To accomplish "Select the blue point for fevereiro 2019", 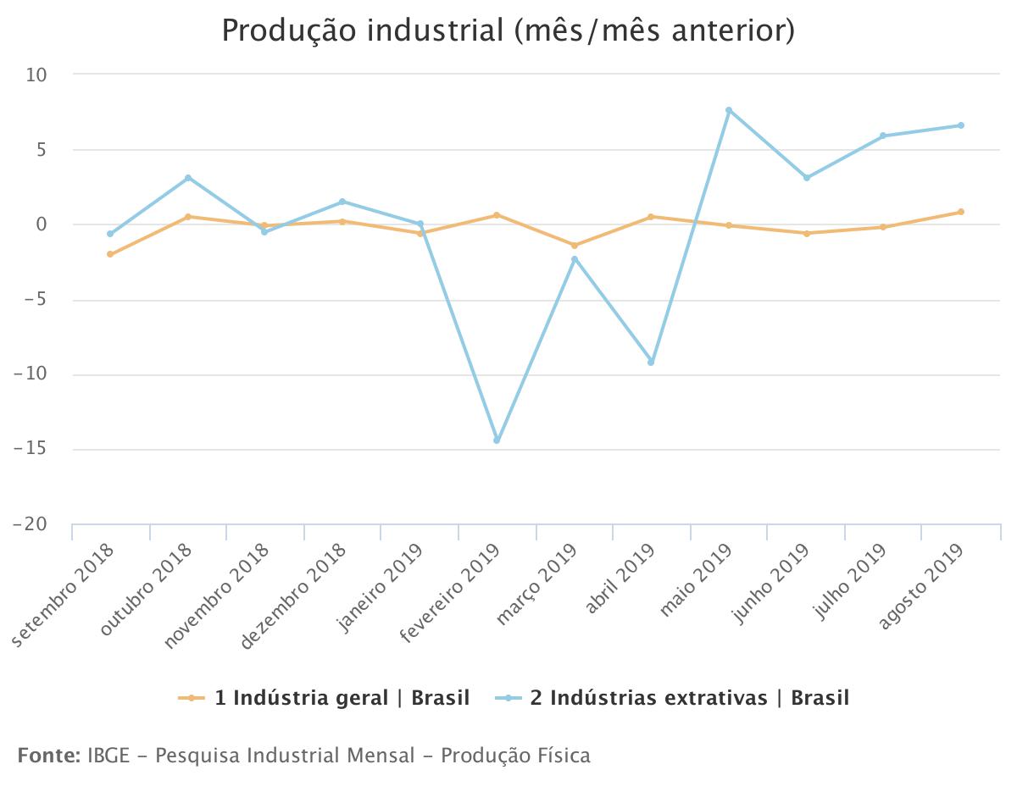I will click(497, 440).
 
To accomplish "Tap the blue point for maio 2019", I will click(729, 110).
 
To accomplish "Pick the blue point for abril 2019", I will click(651, 363).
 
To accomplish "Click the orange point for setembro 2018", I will click(110, 254).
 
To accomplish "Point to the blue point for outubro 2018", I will click(188, 178).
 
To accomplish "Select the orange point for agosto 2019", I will click(961, 212).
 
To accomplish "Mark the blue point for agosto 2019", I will click(961, 125).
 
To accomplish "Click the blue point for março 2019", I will click(575, 259).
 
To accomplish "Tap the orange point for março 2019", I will click(575, 246).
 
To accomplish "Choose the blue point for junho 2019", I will click(807, 178).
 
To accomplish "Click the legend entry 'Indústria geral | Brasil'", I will click(342, 698).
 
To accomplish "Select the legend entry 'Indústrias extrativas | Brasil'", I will click(689, 698).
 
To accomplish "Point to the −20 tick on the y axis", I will click(31, 525).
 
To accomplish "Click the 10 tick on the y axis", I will click(37, 75).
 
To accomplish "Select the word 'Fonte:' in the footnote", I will click(48, 756).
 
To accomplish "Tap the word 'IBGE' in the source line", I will click(108, 756).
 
